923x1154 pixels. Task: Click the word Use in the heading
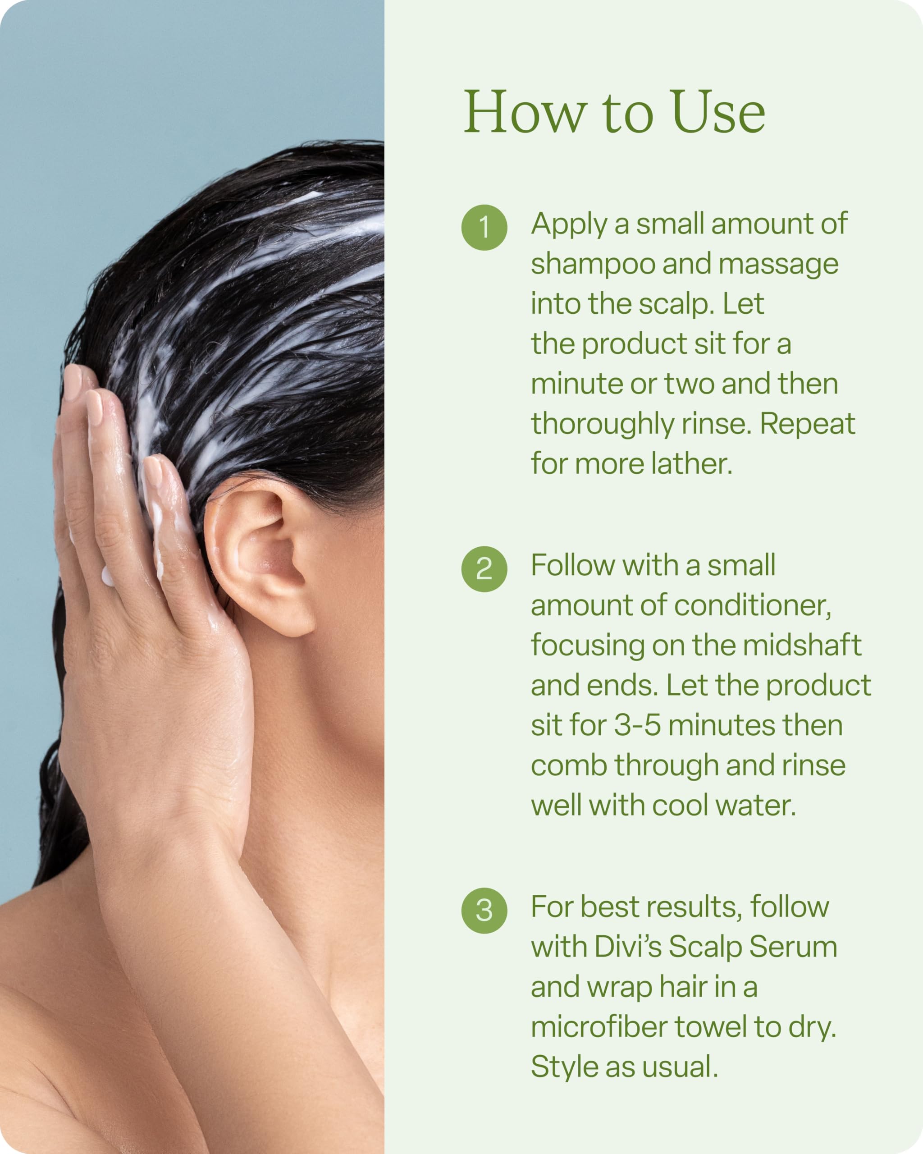click(x=718, y=112)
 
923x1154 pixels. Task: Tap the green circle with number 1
click(x=484, y=228)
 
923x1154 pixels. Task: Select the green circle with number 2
click(x=484, y=569)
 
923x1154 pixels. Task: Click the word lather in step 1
click(x=691, y=464)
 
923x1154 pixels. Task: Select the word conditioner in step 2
click(x=752, y=606)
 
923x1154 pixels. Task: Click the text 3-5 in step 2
click(x=637, y=726)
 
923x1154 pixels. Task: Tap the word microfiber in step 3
click(x=599, y=1027)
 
